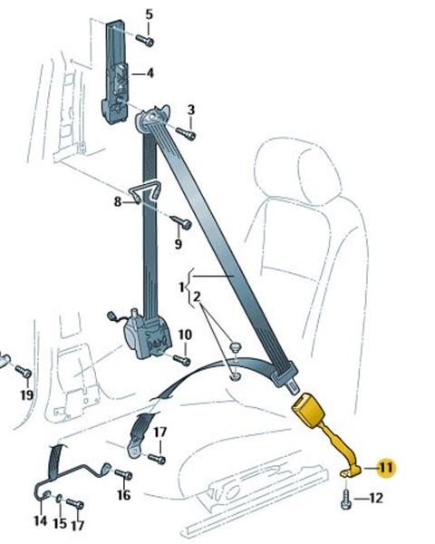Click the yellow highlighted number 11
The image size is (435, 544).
385,467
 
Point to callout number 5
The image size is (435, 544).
149,15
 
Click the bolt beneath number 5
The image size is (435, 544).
145,41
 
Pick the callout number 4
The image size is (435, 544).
150,73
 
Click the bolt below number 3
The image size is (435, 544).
186,133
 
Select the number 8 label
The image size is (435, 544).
118,201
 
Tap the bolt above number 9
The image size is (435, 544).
181,222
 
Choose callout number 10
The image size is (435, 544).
185,335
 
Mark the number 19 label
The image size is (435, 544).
26,394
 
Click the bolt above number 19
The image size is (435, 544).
24,372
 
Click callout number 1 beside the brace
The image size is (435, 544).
181,287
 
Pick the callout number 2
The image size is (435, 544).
197,297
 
